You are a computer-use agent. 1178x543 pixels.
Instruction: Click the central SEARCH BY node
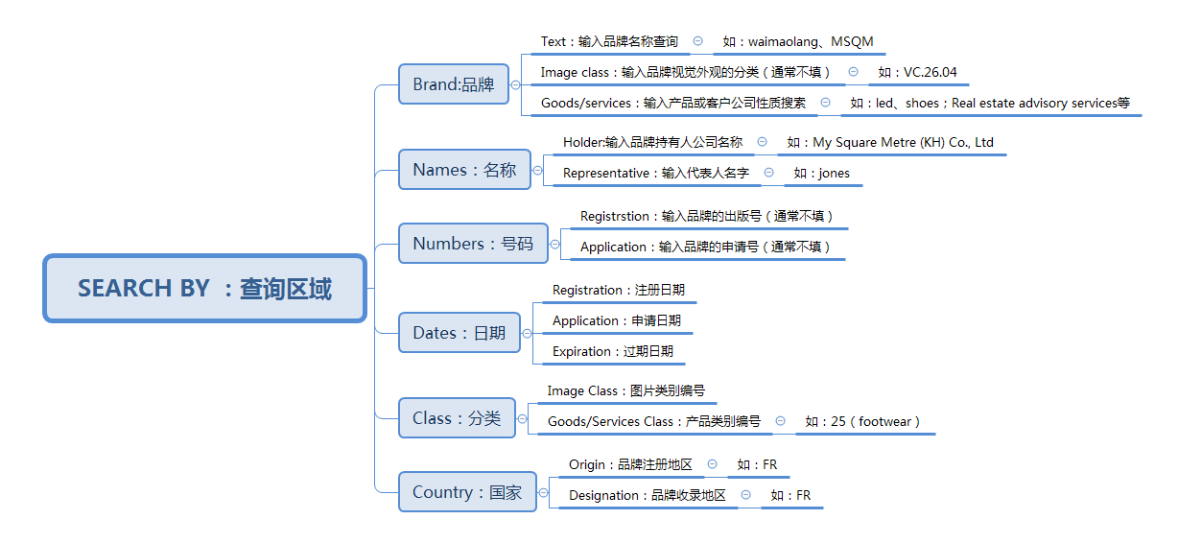[204, 289]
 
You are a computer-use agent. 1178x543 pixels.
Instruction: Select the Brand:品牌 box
[454, 84]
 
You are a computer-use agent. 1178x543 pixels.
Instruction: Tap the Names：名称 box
[464, 170]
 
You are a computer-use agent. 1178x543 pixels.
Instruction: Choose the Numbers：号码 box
[473, 243]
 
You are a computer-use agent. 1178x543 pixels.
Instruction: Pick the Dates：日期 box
[459, 333]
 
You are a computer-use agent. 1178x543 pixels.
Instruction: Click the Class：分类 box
[457, 417]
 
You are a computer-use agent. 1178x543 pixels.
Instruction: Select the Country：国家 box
[467, 492]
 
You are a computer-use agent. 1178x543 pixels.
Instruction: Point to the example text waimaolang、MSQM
[798, 41]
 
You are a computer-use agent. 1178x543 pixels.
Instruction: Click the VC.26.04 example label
[917, 72]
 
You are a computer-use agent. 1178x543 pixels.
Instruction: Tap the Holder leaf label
[652, 142]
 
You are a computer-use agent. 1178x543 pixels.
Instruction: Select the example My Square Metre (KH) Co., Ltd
[890, 142]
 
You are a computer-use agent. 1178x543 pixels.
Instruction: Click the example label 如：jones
[821, 173]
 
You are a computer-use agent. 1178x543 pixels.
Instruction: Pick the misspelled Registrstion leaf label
[706, 216]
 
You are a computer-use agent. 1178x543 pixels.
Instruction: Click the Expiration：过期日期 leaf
[613, 351]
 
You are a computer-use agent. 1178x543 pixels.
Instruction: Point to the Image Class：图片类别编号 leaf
[625, 390]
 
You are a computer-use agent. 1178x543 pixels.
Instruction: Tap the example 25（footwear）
[862, 421]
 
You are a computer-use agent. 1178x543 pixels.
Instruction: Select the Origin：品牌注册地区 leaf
[630, 464]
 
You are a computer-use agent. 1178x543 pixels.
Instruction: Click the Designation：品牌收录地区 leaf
[648, 495]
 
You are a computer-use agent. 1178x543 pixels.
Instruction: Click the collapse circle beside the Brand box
[515, 84]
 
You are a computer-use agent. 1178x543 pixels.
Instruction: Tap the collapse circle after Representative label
[768, 173]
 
